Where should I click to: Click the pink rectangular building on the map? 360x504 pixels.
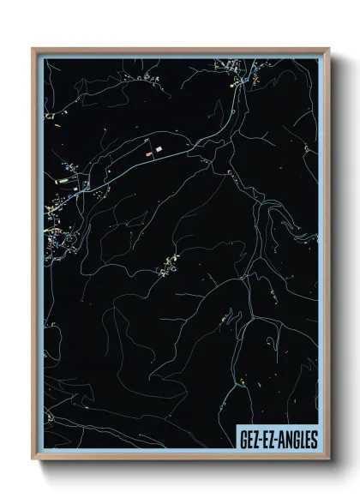[158, 149]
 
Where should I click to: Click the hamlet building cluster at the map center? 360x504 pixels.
[165, 269]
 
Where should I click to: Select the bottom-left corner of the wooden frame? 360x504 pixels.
[33, 460]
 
